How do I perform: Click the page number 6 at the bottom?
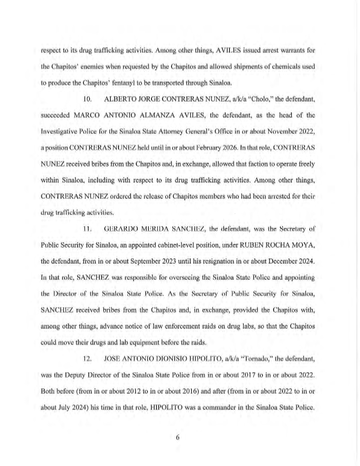(177, 437)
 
